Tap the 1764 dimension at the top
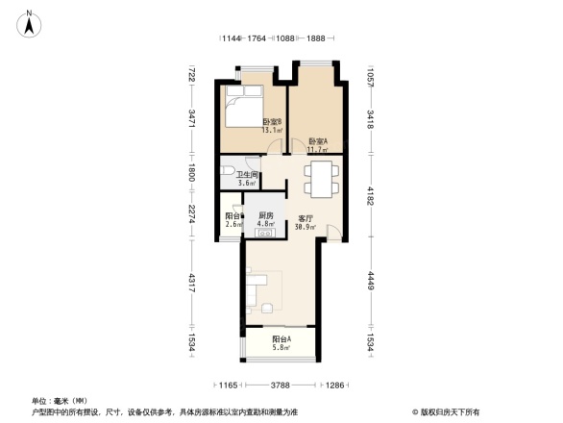(x=257, y=38)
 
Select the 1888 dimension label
(x=315, y=38)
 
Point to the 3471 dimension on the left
(x=192, y=120)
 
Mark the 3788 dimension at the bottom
(x=280, y=386)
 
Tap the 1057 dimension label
(x=370, y=75)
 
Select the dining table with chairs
(x=321, y=177)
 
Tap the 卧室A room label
(x=317, y=141)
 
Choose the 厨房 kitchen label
(x=266, y=216)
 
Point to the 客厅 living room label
(x=306, y=218)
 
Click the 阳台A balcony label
(x=281, y=339)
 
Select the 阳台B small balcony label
(x=233, y=216)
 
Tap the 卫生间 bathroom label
(x=247, y=174)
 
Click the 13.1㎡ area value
(x=271, y=132)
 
